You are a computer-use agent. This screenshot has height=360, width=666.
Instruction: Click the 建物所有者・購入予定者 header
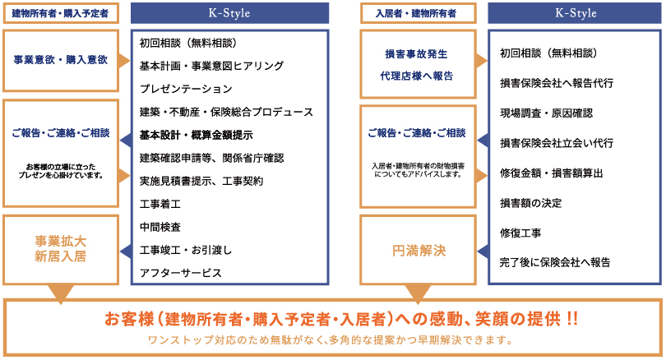click(x=61, y=12)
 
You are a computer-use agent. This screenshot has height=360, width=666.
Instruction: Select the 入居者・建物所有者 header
click(x=418, y=12)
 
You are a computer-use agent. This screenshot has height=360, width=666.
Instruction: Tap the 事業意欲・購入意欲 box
click(x=61, y=60)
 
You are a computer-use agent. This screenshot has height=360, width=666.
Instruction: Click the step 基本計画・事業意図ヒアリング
click(x=211, y=65)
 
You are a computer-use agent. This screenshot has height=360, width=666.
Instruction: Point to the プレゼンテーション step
click(x=186, y=88)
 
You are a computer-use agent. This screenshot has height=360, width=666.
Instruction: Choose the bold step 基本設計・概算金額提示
click(x=196, y=134)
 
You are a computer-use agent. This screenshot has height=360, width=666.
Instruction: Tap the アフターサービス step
click(x=180, y=272)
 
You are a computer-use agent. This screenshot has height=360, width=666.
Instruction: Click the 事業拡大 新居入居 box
click(x=61, y=248)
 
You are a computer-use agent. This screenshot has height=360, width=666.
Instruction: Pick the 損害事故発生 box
click(x=418, y=53)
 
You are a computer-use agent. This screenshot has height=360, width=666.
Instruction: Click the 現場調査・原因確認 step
click(x=546, y=113)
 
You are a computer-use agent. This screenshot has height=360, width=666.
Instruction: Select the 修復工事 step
click(x=520, y=233)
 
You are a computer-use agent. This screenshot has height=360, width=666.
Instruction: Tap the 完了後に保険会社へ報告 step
click(x=555, y=262)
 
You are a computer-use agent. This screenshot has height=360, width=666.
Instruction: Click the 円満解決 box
click(x=418, y=250)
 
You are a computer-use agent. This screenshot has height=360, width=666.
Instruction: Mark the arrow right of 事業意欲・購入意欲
click(x=124, y=60)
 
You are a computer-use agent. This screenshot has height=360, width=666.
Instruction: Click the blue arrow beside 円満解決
click(x=483, y=250)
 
